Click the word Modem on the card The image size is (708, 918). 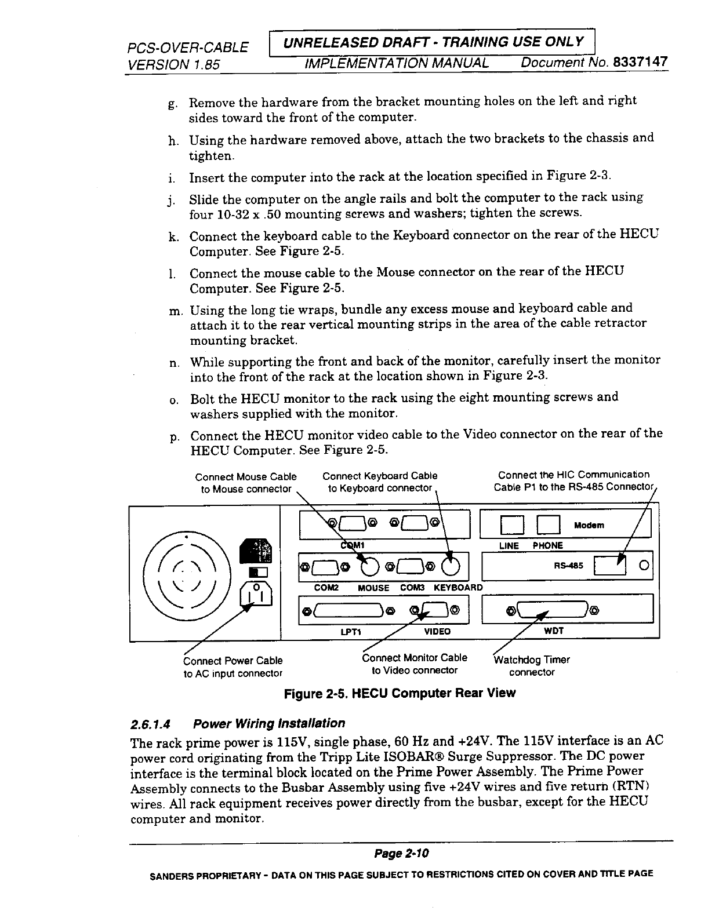pos(589,525)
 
